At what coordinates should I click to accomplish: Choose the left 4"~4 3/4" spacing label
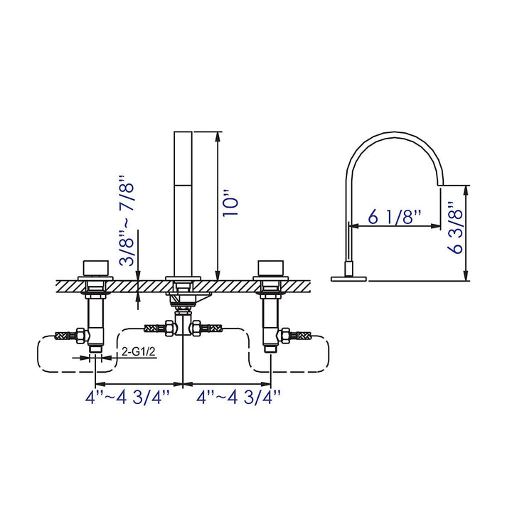pos(128,396)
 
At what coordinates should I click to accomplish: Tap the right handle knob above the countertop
pos(271,268)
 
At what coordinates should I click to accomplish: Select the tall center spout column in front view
pos(184,203)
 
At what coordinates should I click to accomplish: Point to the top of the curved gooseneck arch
pos(395,134)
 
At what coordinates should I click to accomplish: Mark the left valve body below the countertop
pos(95,320)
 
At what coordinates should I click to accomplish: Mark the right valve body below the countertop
pos(271,320)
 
